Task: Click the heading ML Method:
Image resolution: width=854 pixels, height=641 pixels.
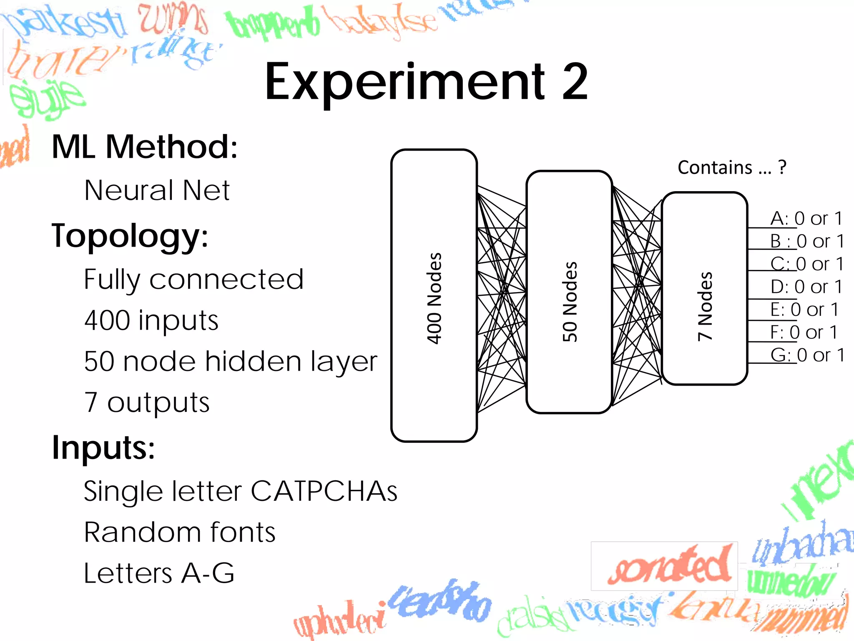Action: tap(144, 147)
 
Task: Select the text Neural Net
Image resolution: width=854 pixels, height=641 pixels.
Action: tap(157, 190)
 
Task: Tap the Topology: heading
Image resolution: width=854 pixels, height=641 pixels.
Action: tap(130, 236)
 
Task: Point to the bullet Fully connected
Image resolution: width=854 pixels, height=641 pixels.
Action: tap(193, 279)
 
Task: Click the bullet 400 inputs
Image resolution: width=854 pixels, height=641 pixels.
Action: tap(151, 320)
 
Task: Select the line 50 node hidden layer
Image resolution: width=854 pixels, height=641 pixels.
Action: tap(230, 361)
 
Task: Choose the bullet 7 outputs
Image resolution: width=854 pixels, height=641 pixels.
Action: tap(147, 402)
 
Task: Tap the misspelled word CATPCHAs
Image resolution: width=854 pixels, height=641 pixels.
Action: tap(324, 491)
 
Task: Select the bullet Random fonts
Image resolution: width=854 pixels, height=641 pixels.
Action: tap(180, 532)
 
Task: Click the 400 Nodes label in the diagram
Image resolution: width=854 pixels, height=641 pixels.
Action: tap(434, 298)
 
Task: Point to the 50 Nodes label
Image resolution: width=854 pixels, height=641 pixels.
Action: tap(570, 301)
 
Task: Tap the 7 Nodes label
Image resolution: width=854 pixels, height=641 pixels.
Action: tap(705, 306)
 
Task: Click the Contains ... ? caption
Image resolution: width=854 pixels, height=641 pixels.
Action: tap(732, 168)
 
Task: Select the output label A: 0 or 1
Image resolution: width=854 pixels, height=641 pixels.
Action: tap(806, 219)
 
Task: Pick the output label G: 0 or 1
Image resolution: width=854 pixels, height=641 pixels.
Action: tap(807, 355)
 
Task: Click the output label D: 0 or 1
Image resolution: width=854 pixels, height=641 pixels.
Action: tap(806, 287)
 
